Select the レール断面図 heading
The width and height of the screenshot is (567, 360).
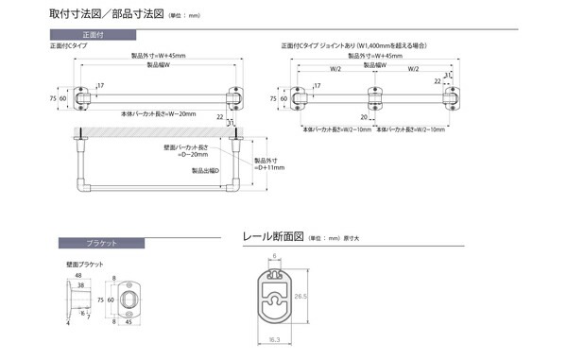(272, 237)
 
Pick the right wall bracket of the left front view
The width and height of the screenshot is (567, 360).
(232, 97)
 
